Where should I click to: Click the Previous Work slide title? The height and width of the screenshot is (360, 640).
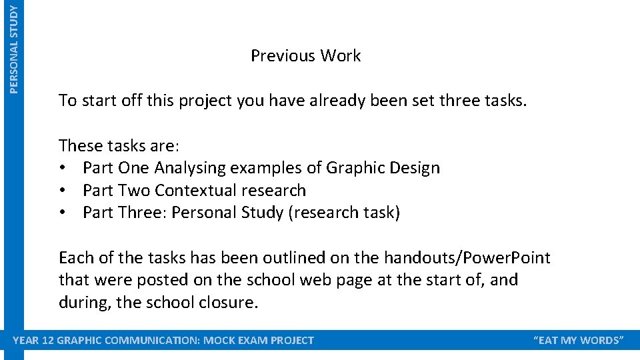pos(305,56)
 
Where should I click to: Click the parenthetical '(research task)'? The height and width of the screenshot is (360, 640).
pos(345,213)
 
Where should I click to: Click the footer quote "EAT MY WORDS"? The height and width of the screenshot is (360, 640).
pos(579,341)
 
